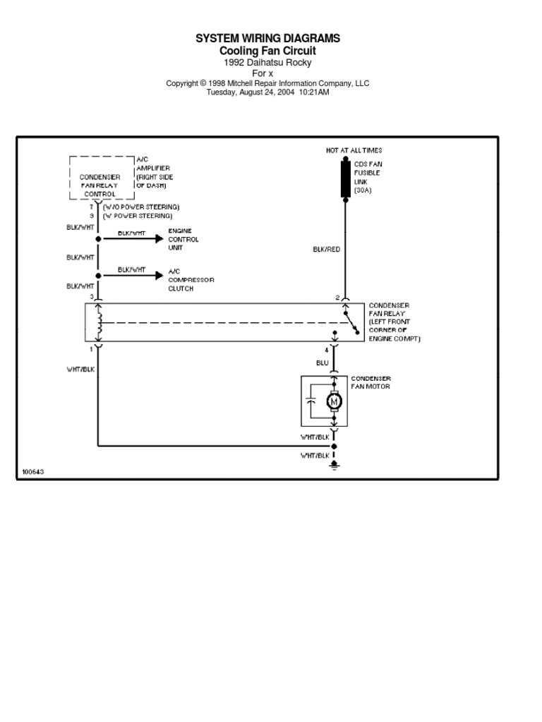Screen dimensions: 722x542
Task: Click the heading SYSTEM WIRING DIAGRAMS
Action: click(x=267, y=39)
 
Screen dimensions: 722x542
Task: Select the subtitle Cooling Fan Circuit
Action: click(x=267, y=51)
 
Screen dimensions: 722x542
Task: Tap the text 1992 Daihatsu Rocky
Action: click(x=267, y=63)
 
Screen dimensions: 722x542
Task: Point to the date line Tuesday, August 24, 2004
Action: click(x=267, y=92)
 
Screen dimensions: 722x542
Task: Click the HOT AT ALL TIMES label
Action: click(x=354, y=150)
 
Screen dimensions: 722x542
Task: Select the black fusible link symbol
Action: click(x=345, y=178)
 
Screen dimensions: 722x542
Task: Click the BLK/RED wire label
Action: click(x=326, y=250)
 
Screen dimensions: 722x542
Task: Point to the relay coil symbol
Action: click(x=99, y=324)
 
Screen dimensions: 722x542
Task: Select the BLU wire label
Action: click(x=322, y=363)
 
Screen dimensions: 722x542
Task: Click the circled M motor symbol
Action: click(x=334, y=401)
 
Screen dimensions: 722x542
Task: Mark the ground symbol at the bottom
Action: click(x=335, y=465)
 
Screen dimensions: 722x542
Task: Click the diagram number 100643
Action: click(x=32, y=472)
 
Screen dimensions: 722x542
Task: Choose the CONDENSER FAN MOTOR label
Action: click(x=371, y=383)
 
